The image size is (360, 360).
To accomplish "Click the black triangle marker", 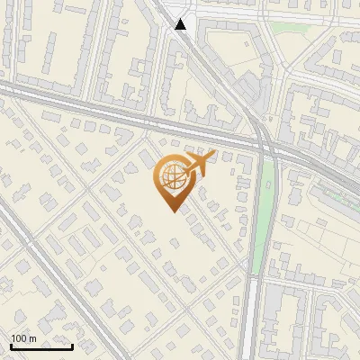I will [181, 25].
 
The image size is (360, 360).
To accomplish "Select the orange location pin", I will [171, 183].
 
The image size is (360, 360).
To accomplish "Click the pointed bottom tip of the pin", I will [171, 211].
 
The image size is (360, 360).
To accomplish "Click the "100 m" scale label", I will [23, 338].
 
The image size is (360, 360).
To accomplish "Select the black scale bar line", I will [41, 346].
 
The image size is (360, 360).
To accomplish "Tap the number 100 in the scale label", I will [19, 338].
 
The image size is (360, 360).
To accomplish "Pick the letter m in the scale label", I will [32, 339].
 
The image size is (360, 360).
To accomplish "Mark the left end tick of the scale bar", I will [11, 345].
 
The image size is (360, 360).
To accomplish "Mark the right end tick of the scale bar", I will [72, 345].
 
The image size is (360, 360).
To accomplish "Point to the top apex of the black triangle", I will [181, 19].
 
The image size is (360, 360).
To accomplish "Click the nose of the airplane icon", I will [212, 156].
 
